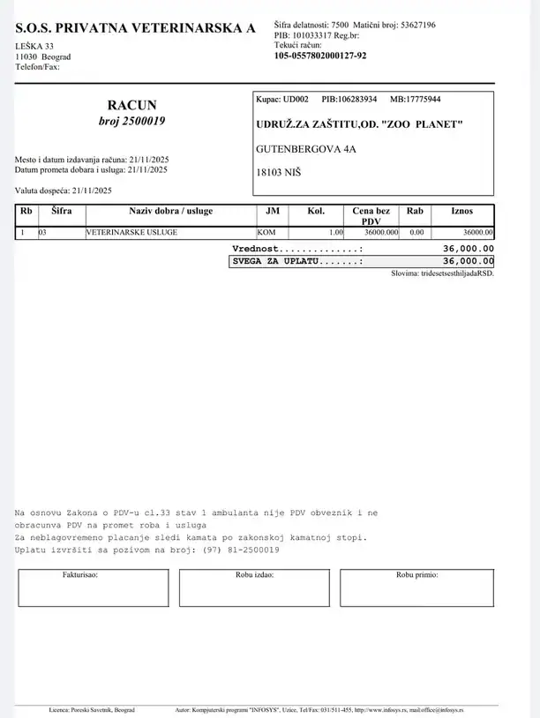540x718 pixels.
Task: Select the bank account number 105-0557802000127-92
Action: (x=320, y=55)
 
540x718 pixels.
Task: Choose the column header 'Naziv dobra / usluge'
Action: (x=170, y=212)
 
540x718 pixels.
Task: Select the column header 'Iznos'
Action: (x=461, y=212)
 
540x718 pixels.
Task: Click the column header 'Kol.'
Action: (x=316, y=212)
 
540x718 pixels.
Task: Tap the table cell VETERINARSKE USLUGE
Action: (x=131, y=232)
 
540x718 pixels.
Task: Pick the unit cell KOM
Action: (x=266, y=232)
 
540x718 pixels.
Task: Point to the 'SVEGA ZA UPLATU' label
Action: (x=296, y=262)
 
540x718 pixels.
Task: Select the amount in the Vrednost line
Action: (x=468, y=250)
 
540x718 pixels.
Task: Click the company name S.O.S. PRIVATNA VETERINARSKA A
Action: (x=135, y=28)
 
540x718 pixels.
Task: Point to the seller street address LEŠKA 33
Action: (x=34, y=46)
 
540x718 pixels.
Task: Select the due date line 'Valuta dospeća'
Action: (x=63, y=191)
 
